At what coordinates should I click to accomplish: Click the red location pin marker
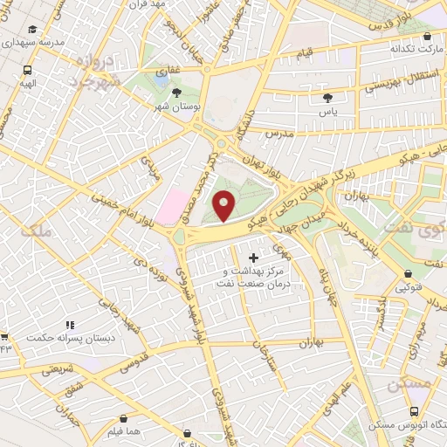tap(224, 206)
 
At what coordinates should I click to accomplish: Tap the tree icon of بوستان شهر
tap(177, 92)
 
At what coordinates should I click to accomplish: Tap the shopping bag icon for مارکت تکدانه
tap(426, 38)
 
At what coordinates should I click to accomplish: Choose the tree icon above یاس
tap(327, 99)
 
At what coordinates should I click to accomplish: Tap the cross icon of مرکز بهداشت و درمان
tap(254, 258)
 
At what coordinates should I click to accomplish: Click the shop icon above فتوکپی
tap(407, 272)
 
